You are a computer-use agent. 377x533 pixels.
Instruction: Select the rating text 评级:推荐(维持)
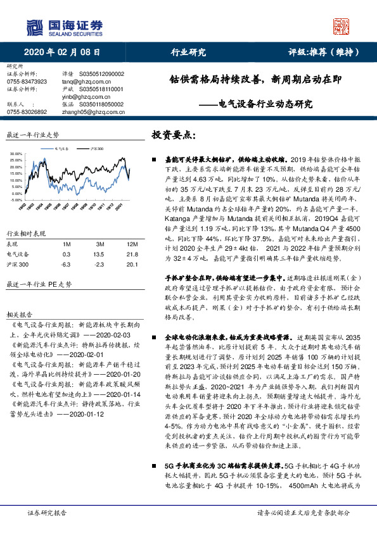point(328,53)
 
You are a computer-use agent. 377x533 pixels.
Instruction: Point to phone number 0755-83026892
point(26,111)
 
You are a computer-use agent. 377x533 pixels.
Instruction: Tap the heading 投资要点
point(173,135)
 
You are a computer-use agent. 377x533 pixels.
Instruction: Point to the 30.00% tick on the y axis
point(16,154)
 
